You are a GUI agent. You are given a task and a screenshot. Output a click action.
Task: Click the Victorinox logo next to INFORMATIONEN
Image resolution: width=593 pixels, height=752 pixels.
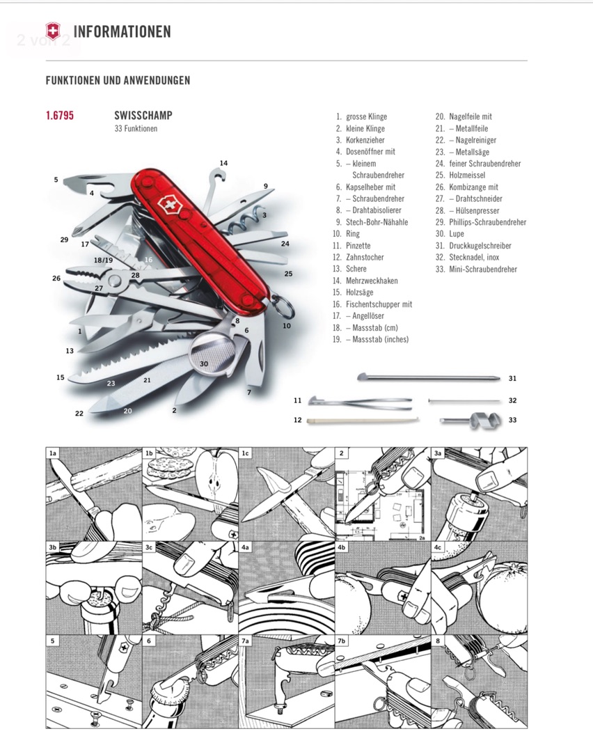pos(53,31)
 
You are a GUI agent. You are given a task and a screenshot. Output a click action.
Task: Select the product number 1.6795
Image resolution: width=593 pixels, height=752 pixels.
pos(60,116)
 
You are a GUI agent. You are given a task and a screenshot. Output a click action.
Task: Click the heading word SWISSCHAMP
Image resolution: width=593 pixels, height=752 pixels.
pos(143,116)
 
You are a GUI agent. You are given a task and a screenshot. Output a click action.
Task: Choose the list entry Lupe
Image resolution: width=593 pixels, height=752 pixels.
pos(457,234)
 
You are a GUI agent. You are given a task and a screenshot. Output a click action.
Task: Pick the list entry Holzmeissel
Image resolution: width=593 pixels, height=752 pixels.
pos(467,175)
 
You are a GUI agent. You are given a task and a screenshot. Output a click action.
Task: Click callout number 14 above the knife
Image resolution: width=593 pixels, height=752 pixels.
pos(223,164)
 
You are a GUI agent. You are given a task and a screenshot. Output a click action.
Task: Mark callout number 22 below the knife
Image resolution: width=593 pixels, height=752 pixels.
pos(79,414)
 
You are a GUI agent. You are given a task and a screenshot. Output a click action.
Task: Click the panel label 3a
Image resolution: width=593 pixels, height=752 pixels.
pos(438,453)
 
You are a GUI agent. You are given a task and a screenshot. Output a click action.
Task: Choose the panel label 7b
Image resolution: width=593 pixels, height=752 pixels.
pos(342,641)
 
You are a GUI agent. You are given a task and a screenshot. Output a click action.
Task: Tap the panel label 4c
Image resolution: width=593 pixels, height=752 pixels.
pos(438,547)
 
